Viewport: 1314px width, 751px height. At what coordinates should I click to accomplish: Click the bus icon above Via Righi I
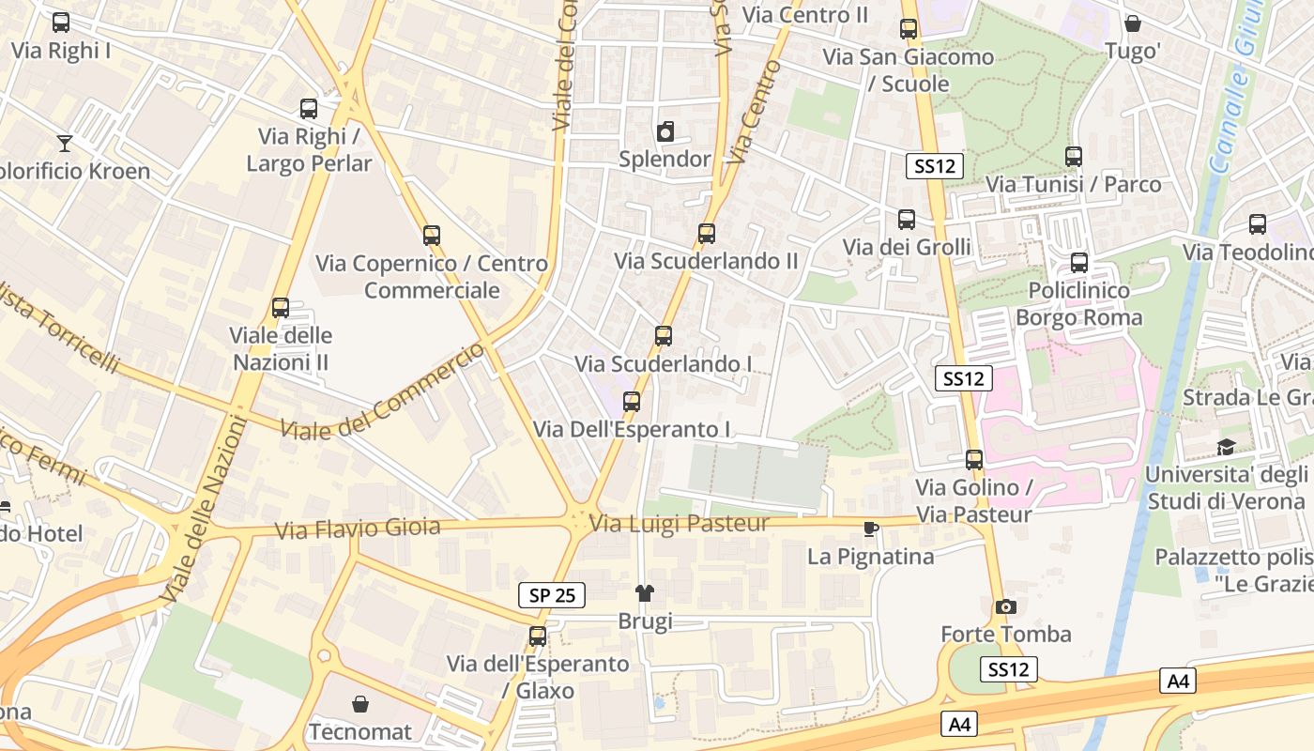pos(61,23)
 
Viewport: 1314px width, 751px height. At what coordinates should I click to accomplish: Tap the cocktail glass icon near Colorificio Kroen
pos(64,143)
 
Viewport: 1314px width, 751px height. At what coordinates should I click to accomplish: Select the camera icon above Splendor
pos(665,131)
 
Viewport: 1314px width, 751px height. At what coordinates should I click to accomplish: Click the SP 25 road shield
pos(552,594)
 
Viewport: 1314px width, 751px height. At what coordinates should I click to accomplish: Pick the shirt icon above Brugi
pos(645,592)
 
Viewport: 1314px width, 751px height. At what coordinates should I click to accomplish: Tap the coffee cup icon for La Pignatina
pos(871,529)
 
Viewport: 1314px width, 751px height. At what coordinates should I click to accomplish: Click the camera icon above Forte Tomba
pos(1006,606)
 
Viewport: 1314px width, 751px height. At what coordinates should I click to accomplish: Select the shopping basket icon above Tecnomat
pos(360,704)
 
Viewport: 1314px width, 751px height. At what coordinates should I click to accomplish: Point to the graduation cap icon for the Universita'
pos(1226,447)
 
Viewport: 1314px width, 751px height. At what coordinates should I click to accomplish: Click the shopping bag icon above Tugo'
pos(1133,23)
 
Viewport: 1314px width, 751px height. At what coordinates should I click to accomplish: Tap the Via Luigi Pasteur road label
pos(680,524)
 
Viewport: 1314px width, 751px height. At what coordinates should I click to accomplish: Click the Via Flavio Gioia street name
pos(358,529)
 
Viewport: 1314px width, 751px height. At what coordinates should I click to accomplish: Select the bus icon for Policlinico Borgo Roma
pos(1079,263)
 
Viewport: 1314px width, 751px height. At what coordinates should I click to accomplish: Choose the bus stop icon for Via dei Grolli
pos(907,220)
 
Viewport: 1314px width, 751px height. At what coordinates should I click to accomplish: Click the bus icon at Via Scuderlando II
pos(707,233)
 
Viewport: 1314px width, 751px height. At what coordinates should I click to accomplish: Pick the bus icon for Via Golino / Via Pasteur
pos(974,460)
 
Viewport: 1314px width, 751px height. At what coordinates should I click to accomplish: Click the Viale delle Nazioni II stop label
pos(281,348)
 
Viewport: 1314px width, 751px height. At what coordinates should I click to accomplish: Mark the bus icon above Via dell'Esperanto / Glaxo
pos(538,636)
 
